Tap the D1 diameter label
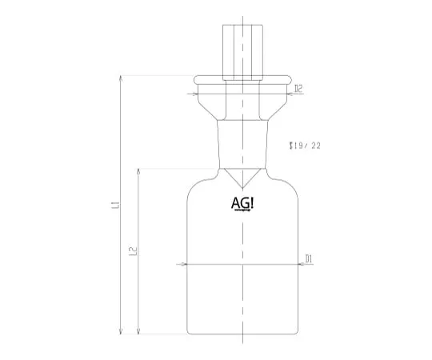coord(309,258)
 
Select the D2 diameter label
coord(297,89)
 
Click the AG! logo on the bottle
coord(242,205)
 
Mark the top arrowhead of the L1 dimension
coord(122,78)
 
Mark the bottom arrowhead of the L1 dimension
coord(122,332)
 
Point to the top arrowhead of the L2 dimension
coord(139,170)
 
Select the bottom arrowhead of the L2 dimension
coord(139,332)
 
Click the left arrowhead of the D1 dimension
coord(188,264)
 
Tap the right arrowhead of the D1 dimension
coord(295,264)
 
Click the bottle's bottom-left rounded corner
coord(190,330)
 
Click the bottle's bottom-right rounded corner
coord(293,330)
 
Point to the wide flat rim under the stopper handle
coord(242,79)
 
